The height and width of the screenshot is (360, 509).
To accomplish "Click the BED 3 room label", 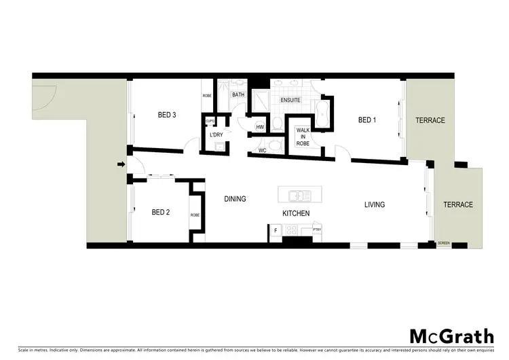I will tap(167, 115).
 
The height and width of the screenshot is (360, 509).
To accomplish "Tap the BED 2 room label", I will tap(160, 212).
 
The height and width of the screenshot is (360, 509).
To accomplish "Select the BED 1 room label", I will tap(366, 120).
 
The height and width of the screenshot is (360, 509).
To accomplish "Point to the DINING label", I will tap(235, 199).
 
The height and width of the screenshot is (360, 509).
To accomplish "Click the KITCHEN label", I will tap(296, 213).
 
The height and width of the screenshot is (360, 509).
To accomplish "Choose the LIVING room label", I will tap(374, 204).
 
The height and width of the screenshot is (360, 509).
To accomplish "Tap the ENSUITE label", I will tap(290, 100).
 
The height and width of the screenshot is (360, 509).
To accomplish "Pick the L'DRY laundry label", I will tap(216, 135).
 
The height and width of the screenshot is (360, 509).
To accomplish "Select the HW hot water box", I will tap(260, 126).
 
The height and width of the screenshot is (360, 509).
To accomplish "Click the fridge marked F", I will tap(276, 231).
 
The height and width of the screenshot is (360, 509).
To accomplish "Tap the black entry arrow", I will tap(121, 164).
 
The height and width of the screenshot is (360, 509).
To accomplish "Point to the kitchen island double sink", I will tap(299, 196).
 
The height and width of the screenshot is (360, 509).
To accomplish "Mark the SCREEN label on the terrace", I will tap(444, 242).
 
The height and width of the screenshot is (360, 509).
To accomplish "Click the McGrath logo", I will tap(451, 336).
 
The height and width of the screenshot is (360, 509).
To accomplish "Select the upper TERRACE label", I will tap(430, 120).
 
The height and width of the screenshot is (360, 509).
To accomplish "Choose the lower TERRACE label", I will tap(458, 204).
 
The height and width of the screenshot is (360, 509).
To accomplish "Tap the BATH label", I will tap(238, 95).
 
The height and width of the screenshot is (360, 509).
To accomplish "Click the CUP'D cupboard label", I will tap(210, 122).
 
